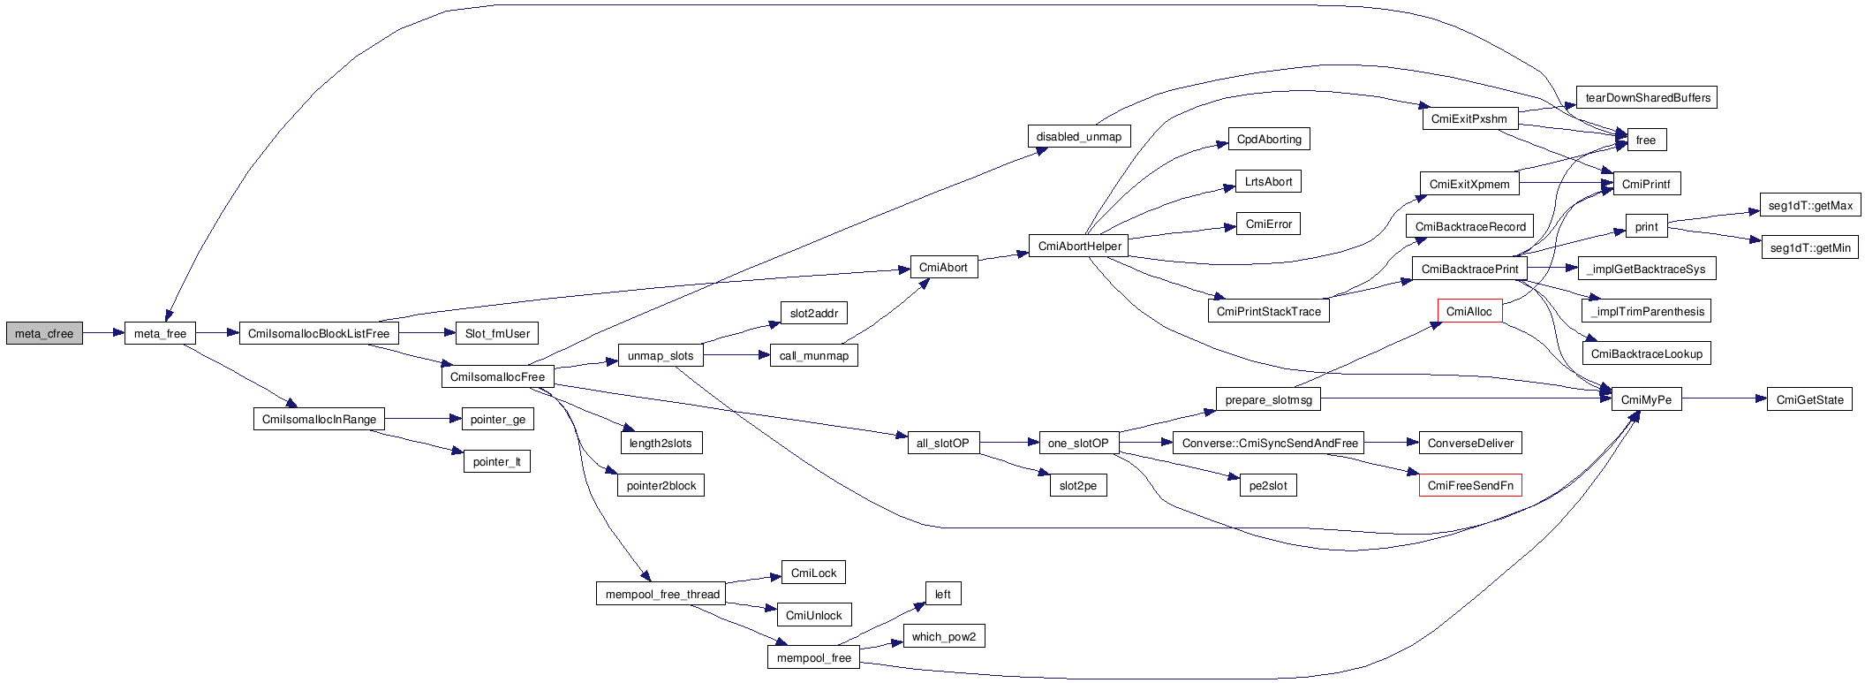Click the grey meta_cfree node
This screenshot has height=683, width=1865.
[44, 333]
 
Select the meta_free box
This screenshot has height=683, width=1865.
[160, 333]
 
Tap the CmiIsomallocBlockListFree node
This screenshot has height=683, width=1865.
[319, 333]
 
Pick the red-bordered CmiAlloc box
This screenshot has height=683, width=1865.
[1469, 311]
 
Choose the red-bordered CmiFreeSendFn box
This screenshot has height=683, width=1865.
[1470, 485]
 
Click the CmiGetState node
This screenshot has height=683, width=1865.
[1809, 399]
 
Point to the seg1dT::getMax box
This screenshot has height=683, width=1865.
[1810, 205]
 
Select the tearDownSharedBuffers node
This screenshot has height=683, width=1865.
[1647, 97]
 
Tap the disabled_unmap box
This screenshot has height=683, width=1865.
[1079, 136]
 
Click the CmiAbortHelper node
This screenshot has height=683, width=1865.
[1079, 246]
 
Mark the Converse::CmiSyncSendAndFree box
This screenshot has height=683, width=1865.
[1269, 443]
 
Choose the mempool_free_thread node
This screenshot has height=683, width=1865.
[661, 594]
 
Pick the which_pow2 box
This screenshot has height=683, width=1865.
[944, 636]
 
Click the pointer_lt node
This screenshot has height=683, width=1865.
[497, 461]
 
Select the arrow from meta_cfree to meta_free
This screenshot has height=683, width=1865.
[103, 333]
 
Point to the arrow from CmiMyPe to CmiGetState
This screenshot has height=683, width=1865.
[1724, 399]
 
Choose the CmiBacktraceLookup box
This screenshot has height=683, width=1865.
[1646, 353]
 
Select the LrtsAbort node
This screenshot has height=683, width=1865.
[1268, 181]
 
